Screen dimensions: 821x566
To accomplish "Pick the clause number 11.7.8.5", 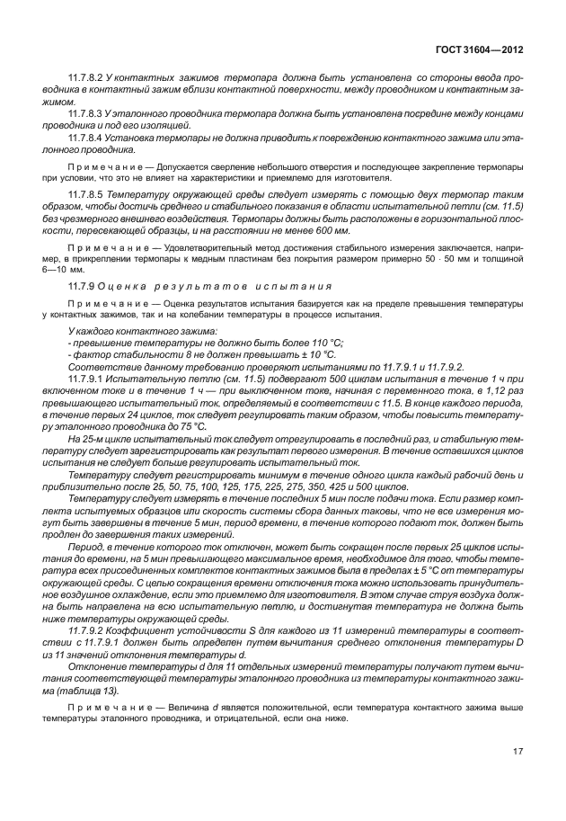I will pos(85,195).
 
